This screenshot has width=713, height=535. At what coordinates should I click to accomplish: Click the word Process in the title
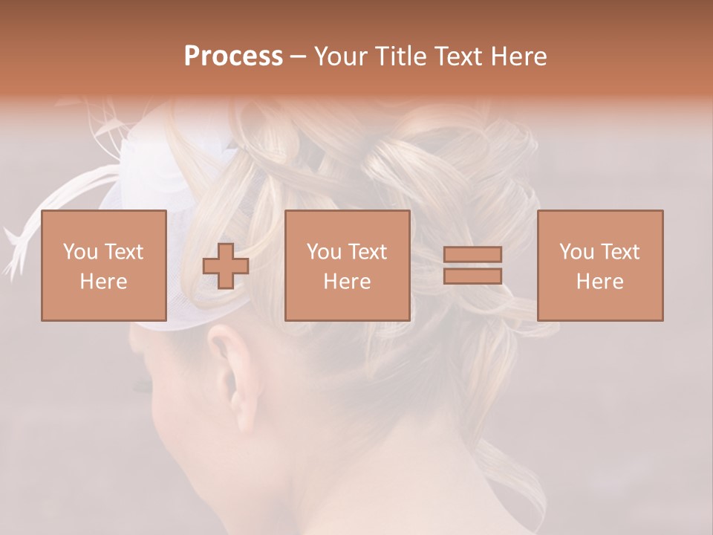233,56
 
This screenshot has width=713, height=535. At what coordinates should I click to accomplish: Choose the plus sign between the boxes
226,266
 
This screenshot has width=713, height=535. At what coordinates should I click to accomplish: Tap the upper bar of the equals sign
472,254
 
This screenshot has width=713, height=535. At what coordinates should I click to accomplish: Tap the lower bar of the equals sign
472,276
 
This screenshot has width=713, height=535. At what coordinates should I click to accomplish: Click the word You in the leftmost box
79,252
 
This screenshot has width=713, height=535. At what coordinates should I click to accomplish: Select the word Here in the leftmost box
104,282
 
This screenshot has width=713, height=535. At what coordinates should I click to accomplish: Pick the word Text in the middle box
368,252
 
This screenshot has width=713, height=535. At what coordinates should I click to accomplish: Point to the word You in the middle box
324,252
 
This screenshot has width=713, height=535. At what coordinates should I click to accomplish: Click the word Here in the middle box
348,282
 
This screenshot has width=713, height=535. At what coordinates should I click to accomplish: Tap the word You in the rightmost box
576,252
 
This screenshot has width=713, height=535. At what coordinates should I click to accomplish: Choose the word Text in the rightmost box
620,252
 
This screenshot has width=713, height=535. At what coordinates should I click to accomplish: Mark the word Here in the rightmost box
600,282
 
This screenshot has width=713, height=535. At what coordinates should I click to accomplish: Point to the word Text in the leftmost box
124,252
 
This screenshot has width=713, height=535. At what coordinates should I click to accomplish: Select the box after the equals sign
600,265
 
